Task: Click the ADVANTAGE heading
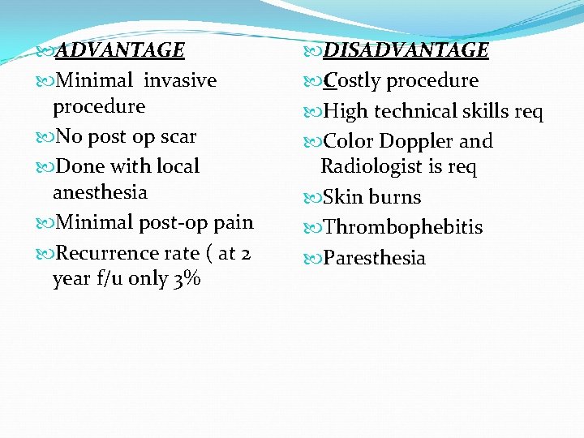pos(120,50)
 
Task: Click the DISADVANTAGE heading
pos(406,50)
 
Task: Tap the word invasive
pos(180,80)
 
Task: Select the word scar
pos(178,136)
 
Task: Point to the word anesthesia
pos(100,192)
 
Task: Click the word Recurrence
pos(107,253)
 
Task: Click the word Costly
pos(353,81)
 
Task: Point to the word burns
pos(395,197)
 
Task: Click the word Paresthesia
pos(374,258)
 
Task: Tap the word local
pos(178,166)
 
